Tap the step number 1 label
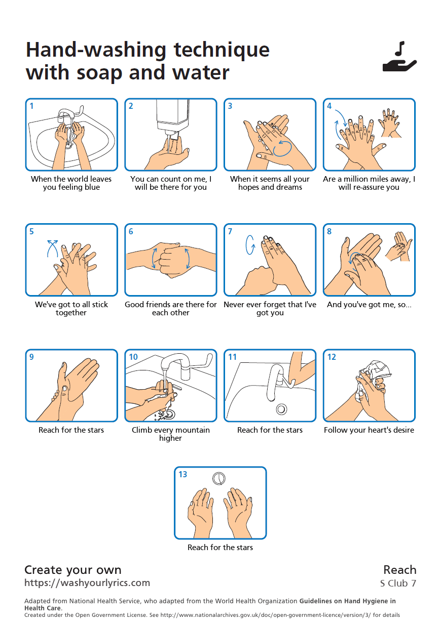(31, 106)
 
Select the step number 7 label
(230, 231)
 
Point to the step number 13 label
(182, 474)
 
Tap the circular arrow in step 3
(282, 148)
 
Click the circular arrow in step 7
(250, 245)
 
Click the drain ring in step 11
(281, 409)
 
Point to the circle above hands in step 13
(218, 478)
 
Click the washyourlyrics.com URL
(87, 582)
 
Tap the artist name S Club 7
(398, 583)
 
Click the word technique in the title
(222, 50)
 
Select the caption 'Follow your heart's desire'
(369, 430)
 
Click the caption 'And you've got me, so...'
(369, 304)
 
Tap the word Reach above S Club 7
(399, 569)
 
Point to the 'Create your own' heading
(73, 569)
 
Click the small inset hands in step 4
(389, 123)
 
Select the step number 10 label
(133, 357)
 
